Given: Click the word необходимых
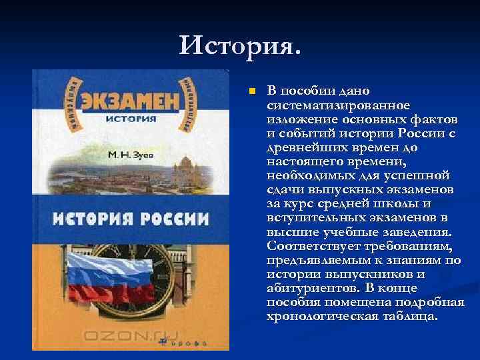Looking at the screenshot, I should coord(306,176).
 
